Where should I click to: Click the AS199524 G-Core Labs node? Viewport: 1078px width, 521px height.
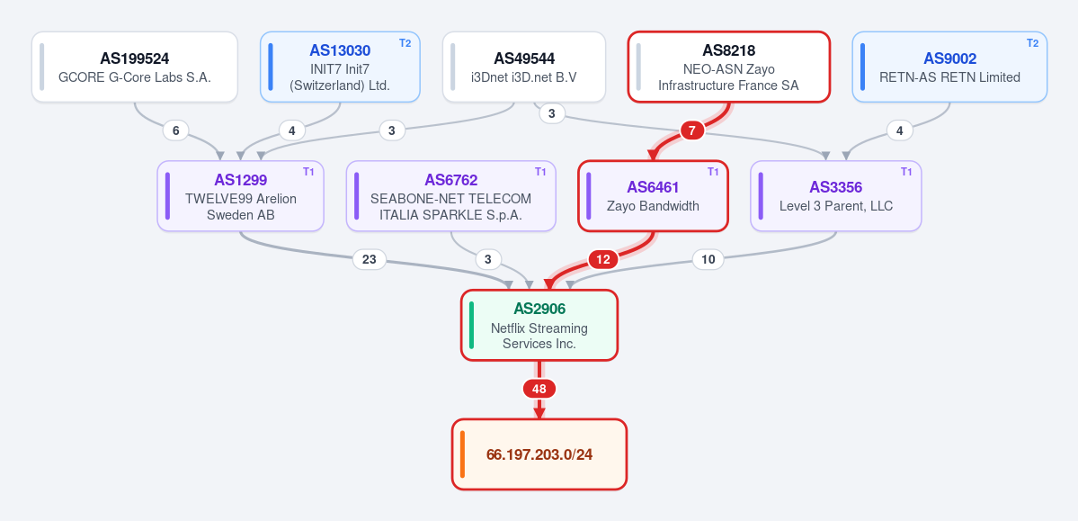click(x=135, y=67)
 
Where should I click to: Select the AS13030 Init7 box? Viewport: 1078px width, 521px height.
click(x=340, y=67)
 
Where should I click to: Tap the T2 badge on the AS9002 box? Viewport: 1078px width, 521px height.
click(x=1032, y=43)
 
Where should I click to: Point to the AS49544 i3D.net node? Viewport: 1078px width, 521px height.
click(x=524, y=67)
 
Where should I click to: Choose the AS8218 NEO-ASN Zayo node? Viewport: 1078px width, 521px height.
click(x=729, y=67)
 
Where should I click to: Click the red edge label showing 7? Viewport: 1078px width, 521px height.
click(x=692, y=130)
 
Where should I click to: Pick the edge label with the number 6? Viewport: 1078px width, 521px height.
click(x=176, y=130)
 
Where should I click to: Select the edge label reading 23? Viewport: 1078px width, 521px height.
click(x=370, y=259)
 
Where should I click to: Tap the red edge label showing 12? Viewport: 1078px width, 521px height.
click(x=603, y=259)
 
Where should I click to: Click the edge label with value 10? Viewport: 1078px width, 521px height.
click(x=708, y=259)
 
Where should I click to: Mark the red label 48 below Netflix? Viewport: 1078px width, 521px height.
click(x=539, y=389)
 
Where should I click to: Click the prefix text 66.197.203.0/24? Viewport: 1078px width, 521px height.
click(x=539, y=455)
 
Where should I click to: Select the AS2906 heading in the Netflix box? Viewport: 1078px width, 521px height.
click(x=539, y=310)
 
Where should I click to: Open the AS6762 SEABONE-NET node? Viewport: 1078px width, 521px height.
click(x=451, y=196)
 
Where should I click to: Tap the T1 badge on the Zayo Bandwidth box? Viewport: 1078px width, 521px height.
click(x=713, y=171)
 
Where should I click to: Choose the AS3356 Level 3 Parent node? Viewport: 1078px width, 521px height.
click(x=836, y=196)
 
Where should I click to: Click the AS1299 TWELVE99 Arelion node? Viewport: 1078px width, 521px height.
click(x=241, y=196)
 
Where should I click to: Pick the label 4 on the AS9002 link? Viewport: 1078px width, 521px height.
click(x=900, y=130)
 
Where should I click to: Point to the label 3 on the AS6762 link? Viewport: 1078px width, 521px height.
click(x=488, y=259)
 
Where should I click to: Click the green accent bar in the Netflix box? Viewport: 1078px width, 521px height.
click(x=472, y=325)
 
